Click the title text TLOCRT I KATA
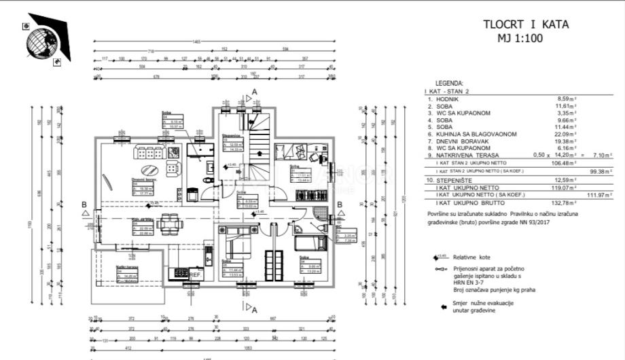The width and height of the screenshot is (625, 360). [525, 25]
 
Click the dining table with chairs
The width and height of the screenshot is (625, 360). [169, 223]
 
